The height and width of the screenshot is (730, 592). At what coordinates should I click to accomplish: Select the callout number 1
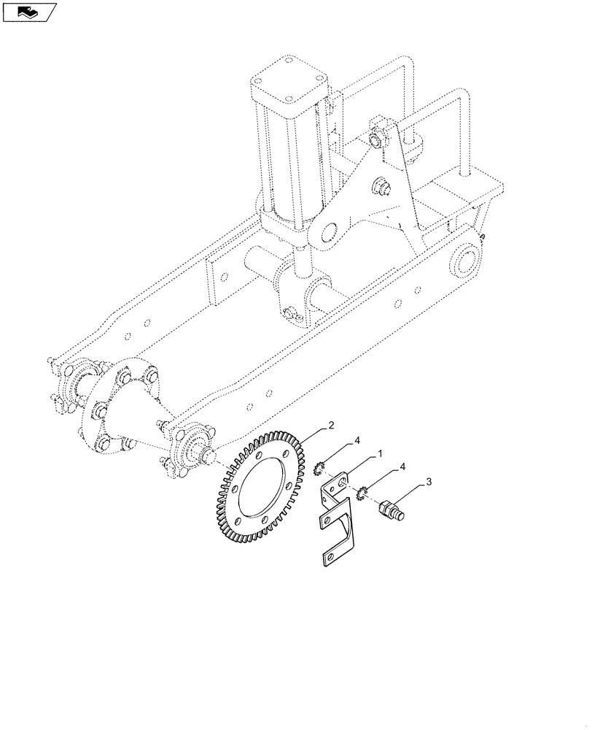click(x=379, y=454)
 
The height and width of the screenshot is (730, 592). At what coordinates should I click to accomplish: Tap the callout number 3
click(x=429, y=482)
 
